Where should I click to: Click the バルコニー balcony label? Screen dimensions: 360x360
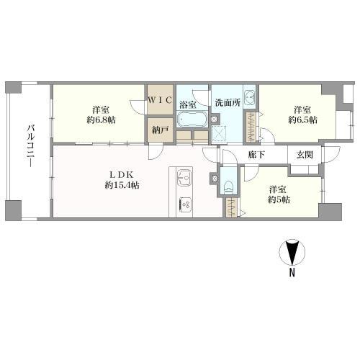pos(30,145)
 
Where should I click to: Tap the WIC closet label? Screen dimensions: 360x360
pos(160,100)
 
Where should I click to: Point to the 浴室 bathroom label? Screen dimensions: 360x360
pos(187,104)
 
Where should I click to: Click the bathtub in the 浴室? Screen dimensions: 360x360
pos(192,120)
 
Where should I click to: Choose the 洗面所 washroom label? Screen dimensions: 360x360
pos(228,103)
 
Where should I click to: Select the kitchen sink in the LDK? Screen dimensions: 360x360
pos(184,178)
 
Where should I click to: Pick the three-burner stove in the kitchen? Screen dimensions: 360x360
pos(185,204)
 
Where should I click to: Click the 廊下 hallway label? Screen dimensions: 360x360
pos(256,155)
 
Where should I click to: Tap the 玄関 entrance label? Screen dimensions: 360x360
pos(305,155)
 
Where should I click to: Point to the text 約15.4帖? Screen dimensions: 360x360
pos(122,185)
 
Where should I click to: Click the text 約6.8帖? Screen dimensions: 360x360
pos(101,120)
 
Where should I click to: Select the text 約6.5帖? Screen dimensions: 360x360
pos(302,120)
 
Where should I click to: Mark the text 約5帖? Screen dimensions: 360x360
pos(279,199)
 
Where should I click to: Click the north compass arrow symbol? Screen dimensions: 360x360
pos(292,252)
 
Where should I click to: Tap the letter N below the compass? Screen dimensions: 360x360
pos(292,272)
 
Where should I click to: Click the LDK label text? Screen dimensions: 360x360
pos(121,174)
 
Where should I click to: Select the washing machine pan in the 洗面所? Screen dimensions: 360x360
pos(219,133)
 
